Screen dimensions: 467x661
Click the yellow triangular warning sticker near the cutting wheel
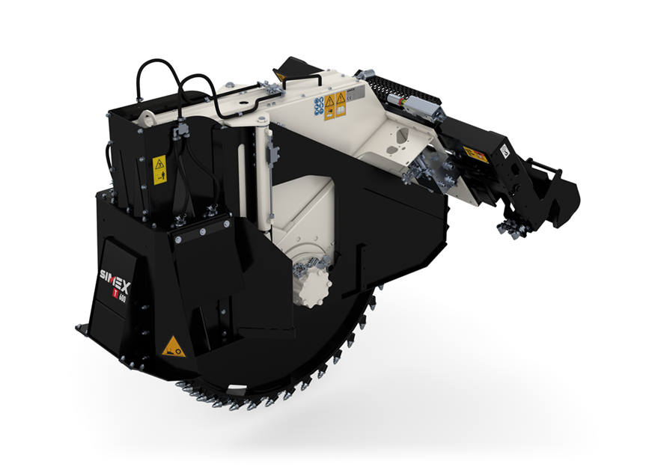click(174, 347)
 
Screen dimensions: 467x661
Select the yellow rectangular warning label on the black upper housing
click(159, 170)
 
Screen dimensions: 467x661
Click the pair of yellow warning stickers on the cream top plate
click(335, 105)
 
